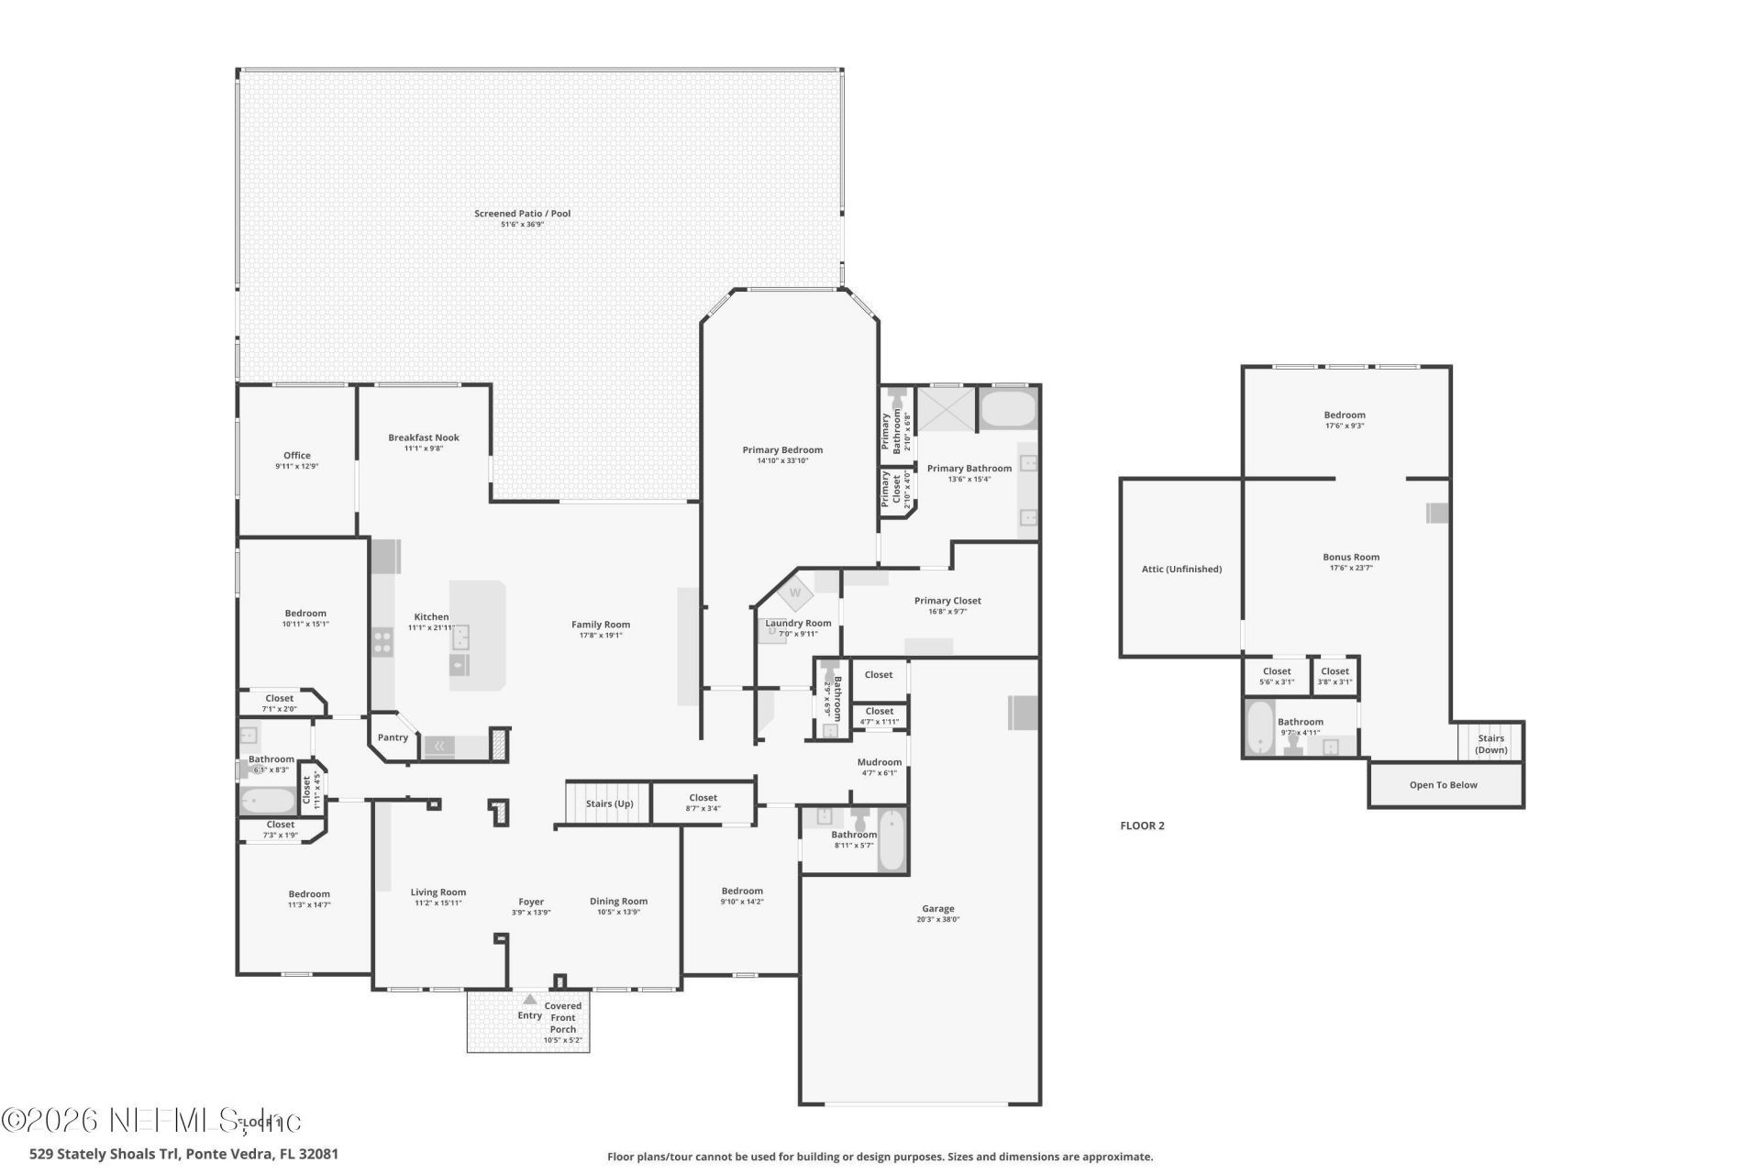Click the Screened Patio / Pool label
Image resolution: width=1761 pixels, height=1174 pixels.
click(522, 214)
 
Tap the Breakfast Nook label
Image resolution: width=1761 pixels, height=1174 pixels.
click(423, 438)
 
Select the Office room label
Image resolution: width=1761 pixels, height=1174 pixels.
click(296, 456)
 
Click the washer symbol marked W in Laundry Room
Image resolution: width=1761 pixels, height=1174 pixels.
click(795, 593)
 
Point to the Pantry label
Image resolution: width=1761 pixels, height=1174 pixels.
click(393, 737)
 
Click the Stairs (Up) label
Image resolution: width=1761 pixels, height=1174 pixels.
click(609, 804)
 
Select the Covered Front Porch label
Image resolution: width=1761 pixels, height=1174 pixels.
click(562, 1018)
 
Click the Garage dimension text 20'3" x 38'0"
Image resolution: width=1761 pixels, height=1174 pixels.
click(937, 920)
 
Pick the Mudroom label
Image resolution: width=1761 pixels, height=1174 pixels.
click(879, 762)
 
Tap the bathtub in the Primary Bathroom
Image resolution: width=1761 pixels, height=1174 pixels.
click(1008, 409)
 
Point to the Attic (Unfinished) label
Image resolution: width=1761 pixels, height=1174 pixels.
click(1181, 570)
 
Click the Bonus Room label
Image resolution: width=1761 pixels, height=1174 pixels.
click(1350, 558)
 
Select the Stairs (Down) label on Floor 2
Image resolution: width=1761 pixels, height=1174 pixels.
click(1490, 744)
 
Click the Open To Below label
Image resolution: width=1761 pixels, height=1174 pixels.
click(1443, 785)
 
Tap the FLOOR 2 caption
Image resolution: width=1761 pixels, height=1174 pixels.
click(1142, 825)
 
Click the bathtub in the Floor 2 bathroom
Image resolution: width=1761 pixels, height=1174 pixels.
click(1261, 728)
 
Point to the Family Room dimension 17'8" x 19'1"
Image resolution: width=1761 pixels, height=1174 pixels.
click(601, 636)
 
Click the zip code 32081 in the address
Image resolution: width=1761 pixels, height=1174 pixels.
click(319, 1154)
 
